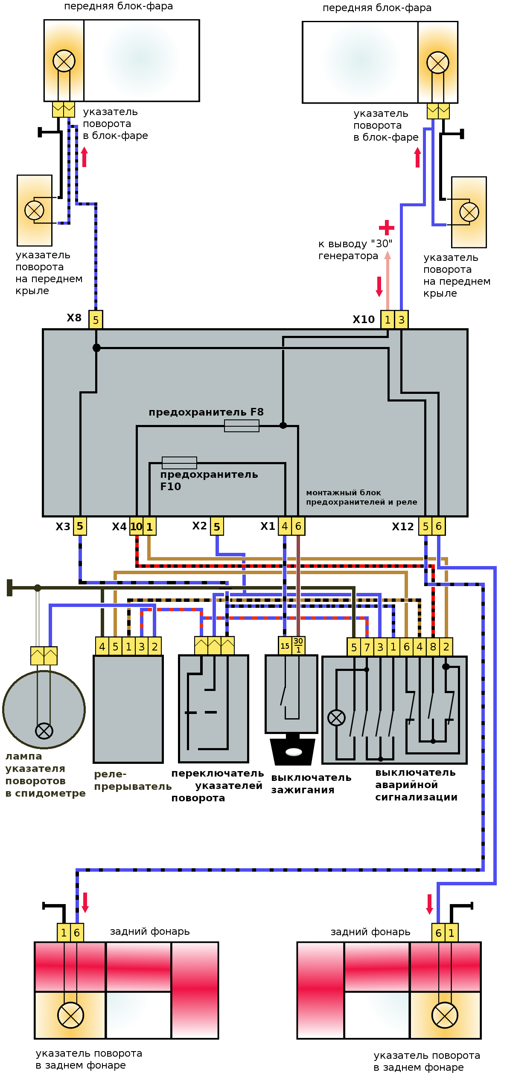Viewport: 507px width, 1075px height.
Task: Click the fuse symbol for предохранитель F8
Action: coord(242,425)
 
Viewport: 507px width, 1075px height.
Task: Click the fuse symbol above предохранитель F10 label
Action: coord(179,462)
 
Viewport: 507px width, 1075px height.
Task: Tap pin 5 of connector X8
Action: coord(96,320)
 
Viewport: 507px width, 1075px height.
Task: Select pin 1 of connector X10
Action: coord(388,320)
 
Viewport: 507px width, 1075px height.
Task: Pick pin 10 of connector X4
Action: coord(136,526)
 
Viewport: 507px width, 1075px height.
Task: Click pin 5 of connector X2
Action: coord(217,527)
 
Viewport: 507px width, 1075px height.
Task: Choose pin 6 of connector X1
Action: coord(298,526)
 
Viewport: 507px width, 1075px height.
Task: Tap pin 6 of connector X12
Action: coord(439,526)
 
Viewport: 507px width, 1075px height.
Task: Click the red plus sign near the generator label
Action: coord(387,228)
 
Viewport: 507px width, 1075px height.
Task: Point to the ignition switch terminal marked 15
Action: coord(285,646)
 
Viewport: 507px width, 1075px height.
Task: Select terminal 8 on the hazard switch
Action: coord(433,647)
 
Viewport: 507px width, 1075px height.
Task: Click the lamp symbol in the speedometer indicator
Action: coord(44,731)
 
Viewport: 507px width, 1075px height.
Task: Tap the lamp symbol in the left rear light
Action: coord(70,1015)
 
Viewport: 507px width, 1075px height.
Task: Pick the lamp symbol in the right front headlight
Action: coord(438,63)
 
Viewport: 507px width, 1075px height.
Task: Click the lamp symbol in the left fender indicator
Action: coord(34,210)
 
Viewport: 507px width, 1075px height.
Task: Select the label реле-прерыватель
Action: coord(132,780)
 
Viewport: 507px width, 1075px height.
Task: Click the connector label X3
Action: coord(63,526)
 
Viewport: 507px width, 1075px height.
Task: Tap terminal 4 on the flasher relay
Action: coord(102,647)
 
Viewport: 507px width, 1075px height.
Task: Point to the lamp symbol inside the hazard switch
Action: coord(336,718)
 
